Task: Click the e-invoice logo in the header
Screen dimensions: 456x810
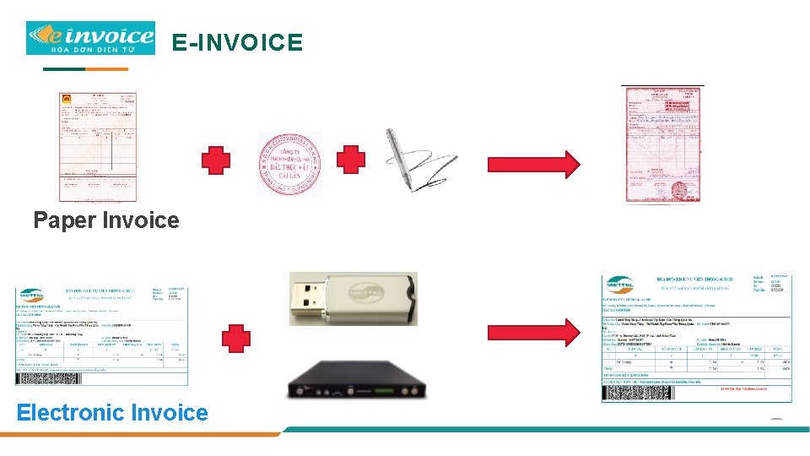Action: [x=90, y=38]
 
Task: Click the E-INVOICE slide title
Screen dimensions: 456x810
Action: [x=237, y=42]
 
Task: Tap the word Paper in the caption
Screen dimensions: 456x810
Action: [x=64, y=220]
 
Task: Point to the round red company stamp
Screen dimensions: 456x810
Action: [x=289, y=164]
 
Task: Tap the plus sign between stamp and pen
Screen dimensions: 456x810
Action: [x=350, y=160]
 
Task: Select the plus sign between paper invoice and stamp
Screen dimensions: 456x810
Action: [x=216, y=160]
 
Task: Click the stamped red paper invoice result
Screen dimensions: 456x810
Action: [x=661, y=145]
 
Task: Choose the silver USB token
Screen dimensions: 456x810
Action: [x=353, y=298]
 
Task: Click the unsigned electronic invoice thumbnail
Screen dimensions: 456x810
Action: [x=102, y=335]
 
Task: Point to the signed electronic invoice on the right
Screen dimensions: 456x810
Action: [x=697, y=337]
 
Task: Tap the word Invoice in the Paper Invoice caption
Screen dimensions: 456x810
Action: [x=140, y=220]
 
